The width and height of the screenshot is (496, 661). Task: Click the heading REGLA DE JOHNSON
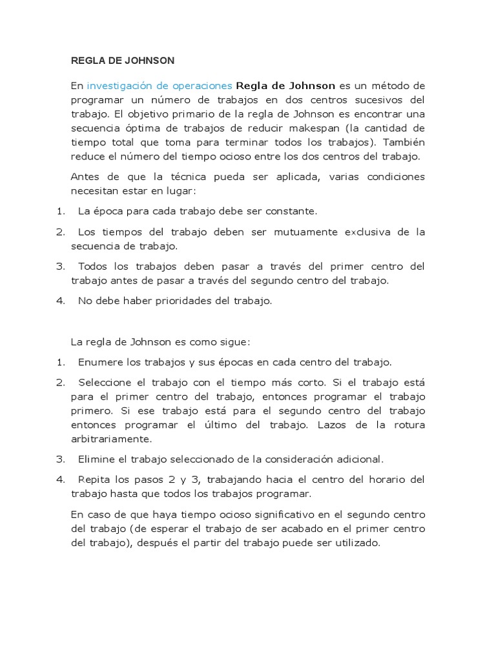[123, 61]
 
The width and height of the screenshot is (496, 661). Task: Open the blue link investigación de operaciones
[160, 85]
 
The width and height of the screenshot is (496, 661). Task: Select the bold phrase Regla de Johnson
[286, 85]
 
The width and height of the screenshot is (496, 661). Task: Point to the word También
[402, 142]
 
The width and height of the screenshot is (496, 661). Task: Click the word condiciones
[396, 177]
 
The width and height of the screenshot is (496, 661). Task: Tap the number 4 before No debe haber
[59, 301]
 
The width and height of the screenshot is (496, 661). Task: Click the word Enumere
[99, 362]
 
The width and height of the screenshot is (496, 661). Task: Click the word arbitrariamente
[111, 439]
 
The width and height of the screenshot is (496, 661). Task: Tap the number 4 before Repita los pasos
[59, 480]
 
